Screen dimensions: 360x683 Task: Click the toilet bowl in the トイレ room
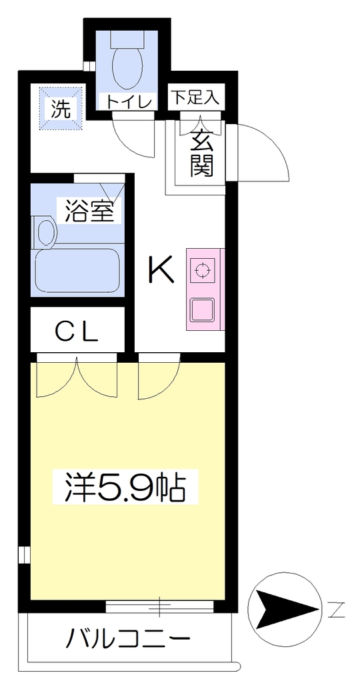[x=127, y=66]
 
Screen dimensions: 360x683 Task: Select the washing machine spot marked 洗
[x=61, y=109]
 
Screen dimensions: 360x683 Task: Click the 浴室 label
[x=90, y=211]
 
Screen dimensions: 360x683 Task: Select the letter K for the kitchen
[x=161, y=269]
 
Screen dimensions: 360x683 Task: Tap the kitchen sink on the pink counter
[x=203, y=309]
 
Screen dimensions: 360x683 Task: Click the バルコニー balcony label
[x=128, y=639]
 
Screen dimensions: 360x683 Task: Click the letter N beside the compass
[x=335, y=609]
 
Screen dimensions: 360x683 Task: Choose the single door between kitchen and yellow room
[x=159, y=377]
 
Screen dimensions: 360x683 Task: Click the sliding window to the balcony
[x=160, y=606]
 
